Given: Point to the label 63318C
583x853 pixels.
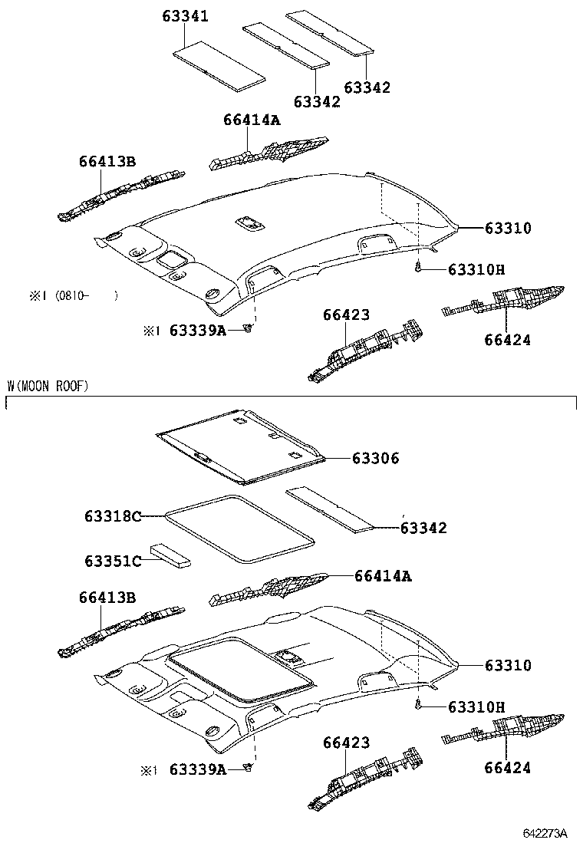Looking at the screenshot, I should pos(113,516).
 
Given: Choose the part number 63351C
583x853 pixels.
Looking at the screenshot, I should pos(113,561).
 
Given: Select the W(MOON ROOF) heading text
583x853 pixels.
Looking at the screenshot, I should pos(48,386).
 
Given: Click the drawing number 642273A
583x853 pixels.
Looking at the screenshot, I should pos(545,833).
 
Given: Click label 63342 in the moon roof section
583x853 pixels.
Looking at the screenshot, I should pos(423,528).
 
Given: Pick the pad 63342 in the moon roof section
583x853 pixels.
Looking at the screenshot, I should pos(330,509).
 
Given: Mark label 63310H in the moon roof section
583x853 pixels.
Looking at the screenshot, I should pos(476,706).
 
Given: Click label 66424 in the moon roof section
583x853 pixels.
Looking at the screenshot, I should pos(507,767).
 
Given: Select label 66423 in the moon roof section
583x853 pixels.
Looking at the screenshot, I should pos(346,743).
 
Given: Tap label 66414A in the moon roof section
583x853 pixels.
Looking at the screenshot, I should pos(382,575).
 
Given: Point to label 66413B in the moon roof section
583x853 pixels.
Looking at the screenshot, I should pos(107,597).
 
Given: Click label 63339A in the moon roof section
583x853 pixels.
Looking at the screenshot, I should pos(197,769).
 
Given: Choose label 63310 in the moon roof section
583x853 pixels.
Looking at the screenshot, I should pos(507,665).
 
